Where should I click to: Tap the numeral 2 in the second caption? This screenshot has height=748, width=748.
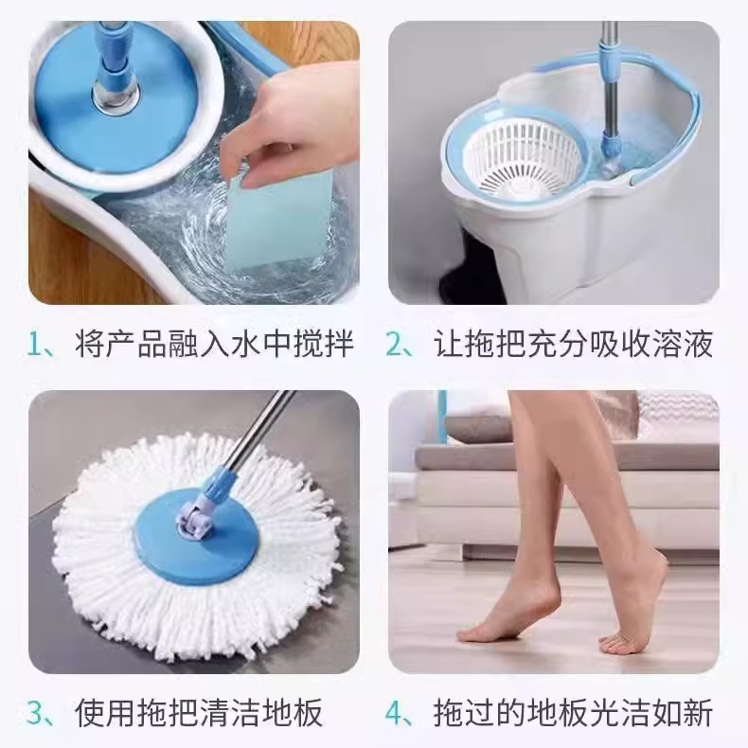[x=394, y=345]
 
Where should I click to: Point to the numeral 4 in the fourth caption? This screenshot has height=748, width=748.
[x=395, y=711]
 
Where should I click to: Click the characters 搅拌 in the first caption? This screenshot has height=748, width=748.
[x=325, y=345]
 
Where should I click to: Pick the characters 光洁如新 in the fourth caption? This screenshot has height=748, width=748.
[x=652, y=711]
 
